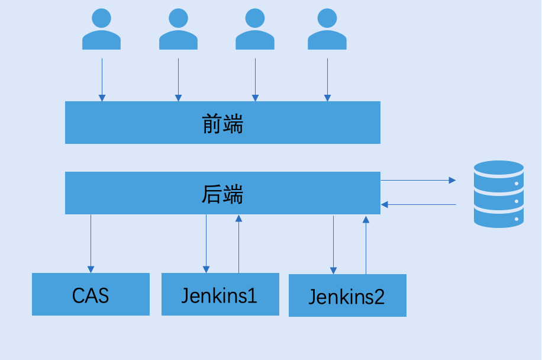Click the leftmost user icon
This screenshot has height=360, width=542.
point(101,29)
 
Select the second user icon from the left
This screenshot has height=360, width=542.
point(178,29)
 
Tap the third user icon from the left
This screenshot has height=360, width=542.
point(255,29)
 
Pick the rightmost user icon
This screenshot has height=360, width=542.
point(327,29)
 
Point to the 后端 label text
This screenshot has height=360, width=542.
point(222,194)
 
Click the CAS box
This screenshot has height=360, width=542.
point(91,294)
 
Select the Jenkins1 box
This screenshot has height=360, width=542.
point(220,294)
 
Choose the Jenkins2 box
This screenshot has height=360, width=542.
point(347,295)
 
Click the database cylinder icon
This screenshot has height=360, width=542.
point(499,194)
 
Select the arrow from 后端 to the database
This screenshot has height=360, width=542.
point(418,179)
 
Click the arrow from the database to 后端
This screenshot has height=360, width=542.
point(418,204)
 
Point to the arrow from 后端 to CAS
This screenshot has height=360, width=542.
point(91,243)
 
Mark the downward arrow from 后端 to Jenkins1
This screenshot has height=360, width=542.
point(206,243)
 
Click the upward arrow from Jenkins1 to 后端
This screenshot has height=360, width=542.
point(238,243)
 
